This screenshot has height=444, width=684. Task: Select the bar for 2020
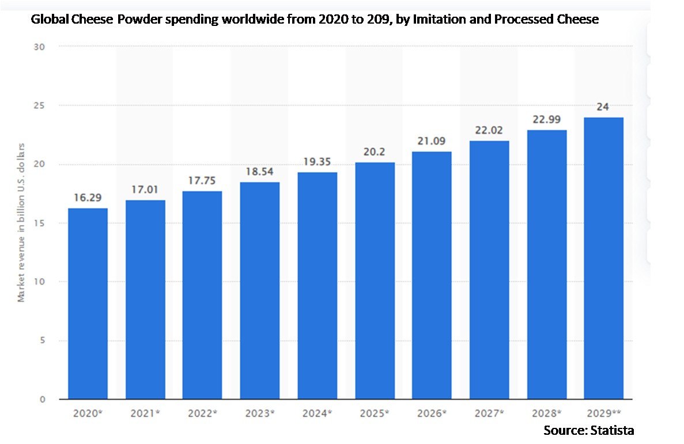tap(88, 303)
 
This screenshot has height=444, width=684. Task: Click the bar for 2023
tap(260, 291)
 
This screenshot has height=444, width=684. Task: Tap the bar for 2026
tap(432, 275)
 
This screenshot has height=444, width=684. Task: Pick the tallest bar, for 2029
tap(603, 258)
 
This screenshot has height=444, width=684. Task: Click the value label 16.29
tap(88, 198)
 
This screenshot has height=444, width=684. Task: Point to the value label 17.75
tap(202, 180)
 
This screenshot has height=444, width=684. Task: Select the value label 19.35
tap(317, 162)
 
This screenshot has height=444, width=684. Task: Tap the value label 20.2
tap(375, 152)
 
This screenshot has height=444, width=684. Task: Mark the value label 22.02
tap(489, 131)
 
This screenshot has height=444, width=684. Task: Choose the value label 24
tap(603, 107)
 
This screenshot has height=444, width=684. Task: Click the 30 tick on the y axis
tap(40, 47)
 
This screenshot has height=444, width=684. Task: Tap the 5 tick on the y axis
tap(43, 340)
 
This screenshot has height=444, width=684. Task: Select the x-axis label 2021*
tap(145, 413)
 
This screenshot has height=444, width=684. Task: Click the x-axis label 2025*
tap(375, 413)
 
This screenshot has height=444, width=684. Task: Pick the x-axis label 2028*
tap(546, 413)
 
